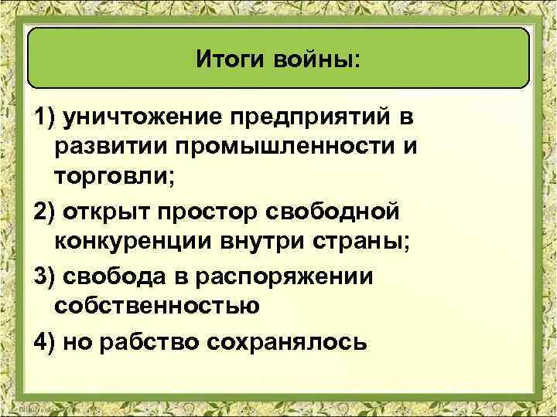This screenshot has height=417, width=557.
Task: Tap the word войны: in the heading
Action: click(315, 59)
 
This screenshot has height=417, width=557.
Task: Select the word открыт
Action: click(108, 212)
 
